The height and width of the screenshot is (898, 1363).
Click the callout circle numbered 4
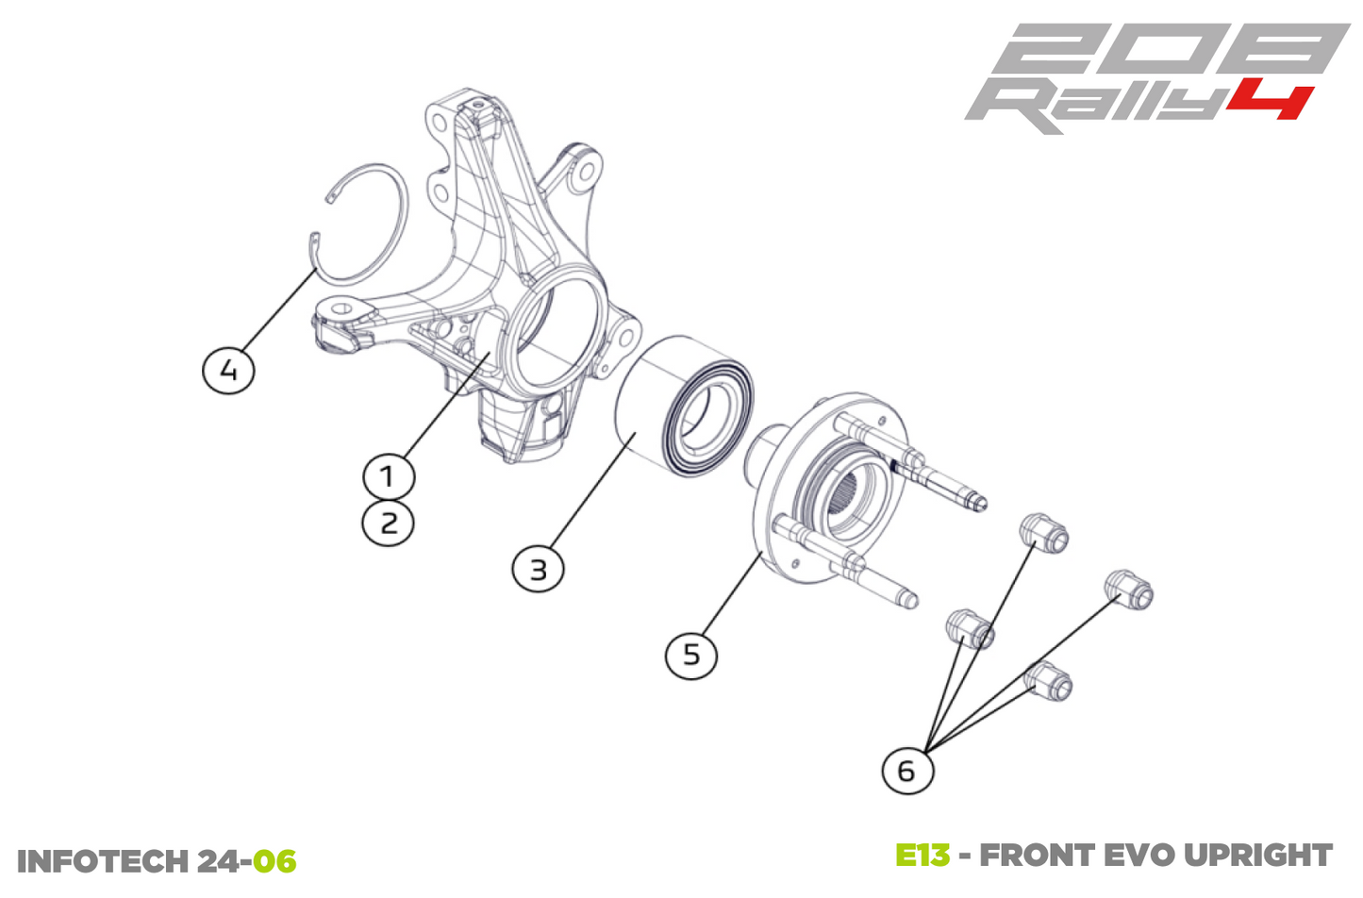[x=229, y=369]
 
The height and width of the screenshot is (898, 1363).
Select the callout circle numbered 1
[x=388, y=475]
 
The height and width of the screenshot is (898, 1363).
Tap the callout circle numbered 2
[x=388, y=523]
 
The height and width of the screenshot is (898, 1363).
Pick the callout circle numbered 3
[x=538, y=569]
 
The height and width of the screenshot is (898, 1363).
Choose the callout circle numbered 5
[x=691, y=654]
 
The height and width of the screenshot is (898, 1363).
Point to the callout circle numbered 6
[x=906, y=770]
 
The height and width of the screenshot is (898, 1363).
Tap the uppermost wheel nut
[x=1044, y=533]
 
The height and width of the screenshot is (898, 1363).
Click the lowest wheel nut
[x=1049, y=680]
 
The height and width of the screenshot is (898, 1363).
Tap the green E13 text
[x=922, y=856]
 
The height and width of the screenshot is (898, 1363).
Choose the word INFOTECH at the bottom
[x=102, y=861]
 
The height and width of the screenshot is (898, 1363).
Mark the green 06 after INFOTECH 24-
[x=274, y=861]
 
